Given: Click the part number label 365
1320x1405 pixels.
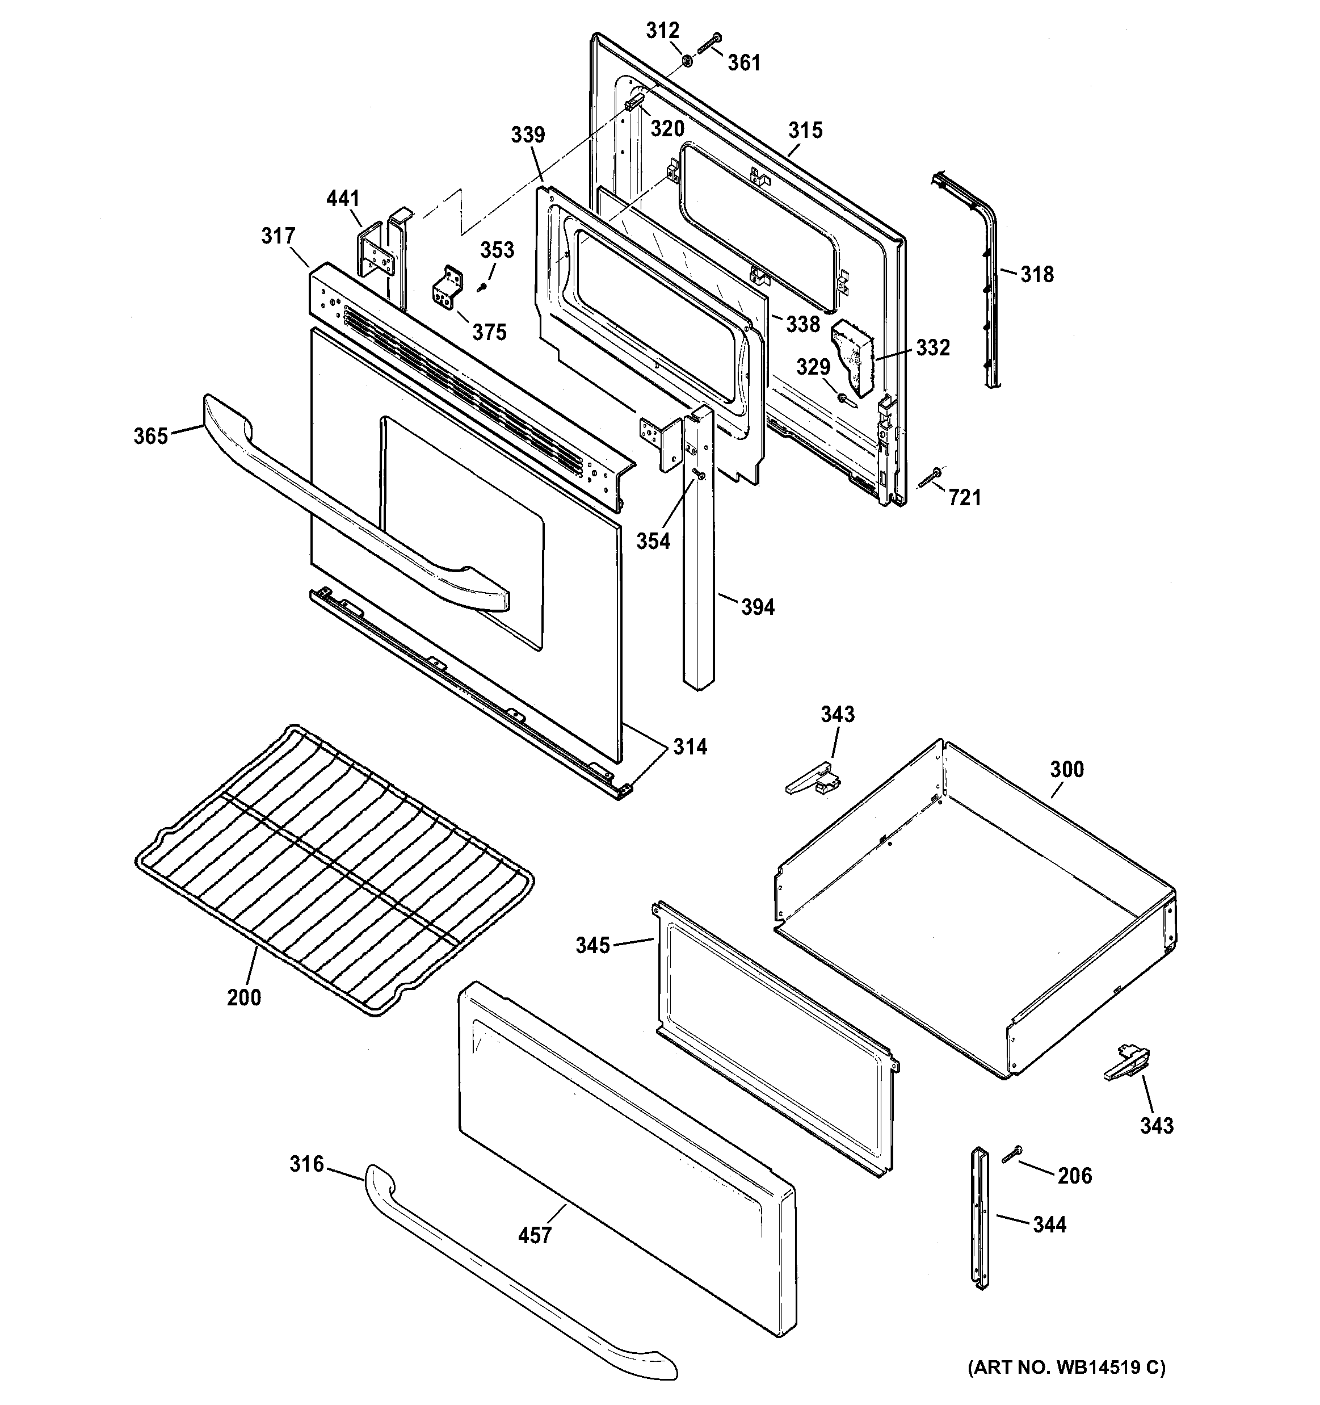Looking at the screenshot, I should [x=150, y=436].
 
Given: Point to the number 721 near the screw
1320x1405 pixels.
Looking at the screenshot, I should [x=965, y=498].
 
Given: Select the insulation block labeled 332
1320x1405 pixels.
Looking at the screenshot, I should [x=854, y=357].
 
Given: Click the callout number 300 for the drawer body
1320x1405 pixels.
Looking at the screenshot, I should [x=1066, y=769].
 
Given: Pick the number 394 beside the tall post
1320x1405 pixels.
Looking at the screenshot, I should [x=758, y=606].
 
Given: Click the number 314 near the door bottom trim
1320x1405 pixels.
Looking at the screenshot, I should [x=689, y=746].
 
